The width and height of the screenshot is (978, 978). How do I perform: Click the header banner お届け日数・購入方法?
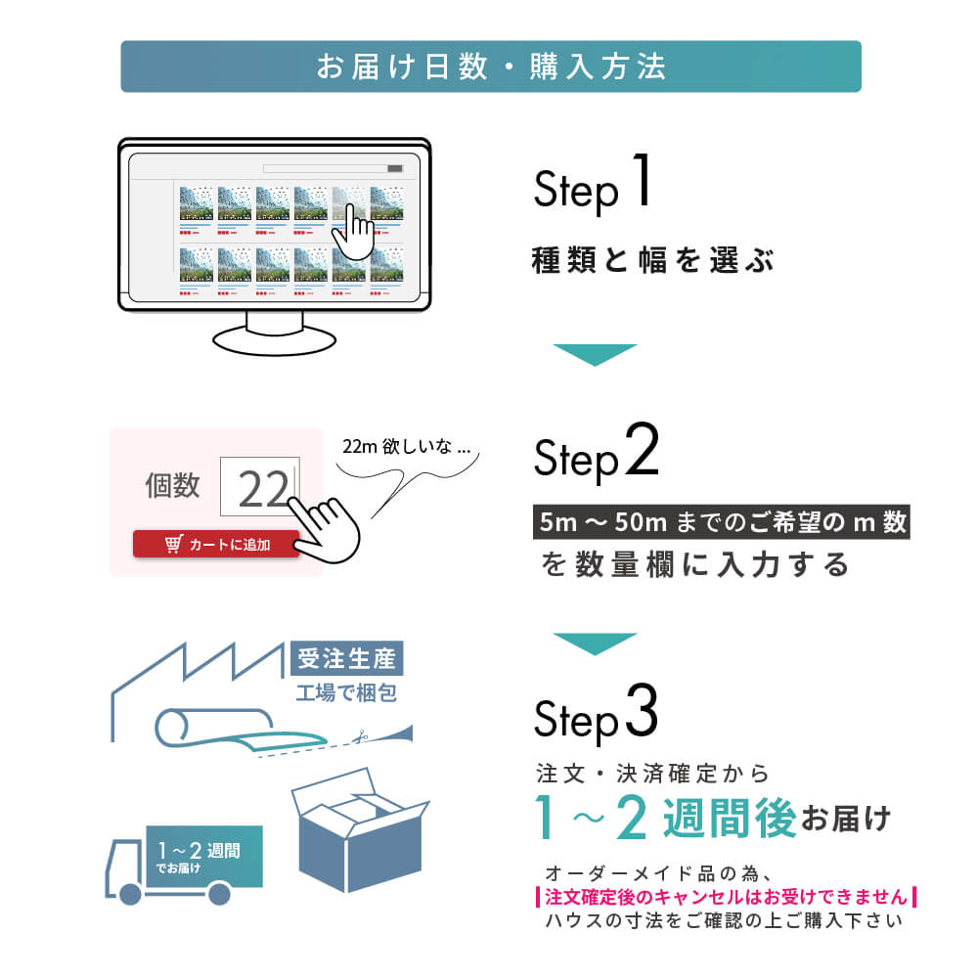(x=490, y=67)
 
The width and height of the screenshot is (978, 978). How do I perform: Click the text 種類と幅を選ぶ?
(x=652, y=261)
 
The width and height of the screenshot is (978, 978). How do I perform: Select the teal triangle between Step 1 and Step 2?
(x=595, y=355)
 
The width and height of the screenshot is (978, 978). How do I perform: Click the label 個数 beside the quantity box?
(x=172, y=485)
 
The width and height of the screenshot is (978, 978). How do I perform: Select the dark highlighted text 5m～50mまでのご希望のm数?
(x=721, y=522)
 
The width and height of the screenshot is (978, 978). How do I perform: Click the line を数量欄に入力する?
(x=695, y=565)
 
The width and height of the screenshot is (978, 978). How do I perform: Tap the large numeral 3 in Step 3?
(x=640, y=717)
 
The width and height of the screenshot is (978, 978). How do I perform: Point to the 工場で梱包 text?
(x=345, y=694)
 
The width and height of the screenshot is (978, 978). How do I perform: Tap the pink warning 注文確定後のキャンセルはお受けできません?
(x=726, y=897)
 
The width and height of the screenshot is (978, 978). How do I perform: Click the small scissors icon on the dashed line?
(x=362, y=736)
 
